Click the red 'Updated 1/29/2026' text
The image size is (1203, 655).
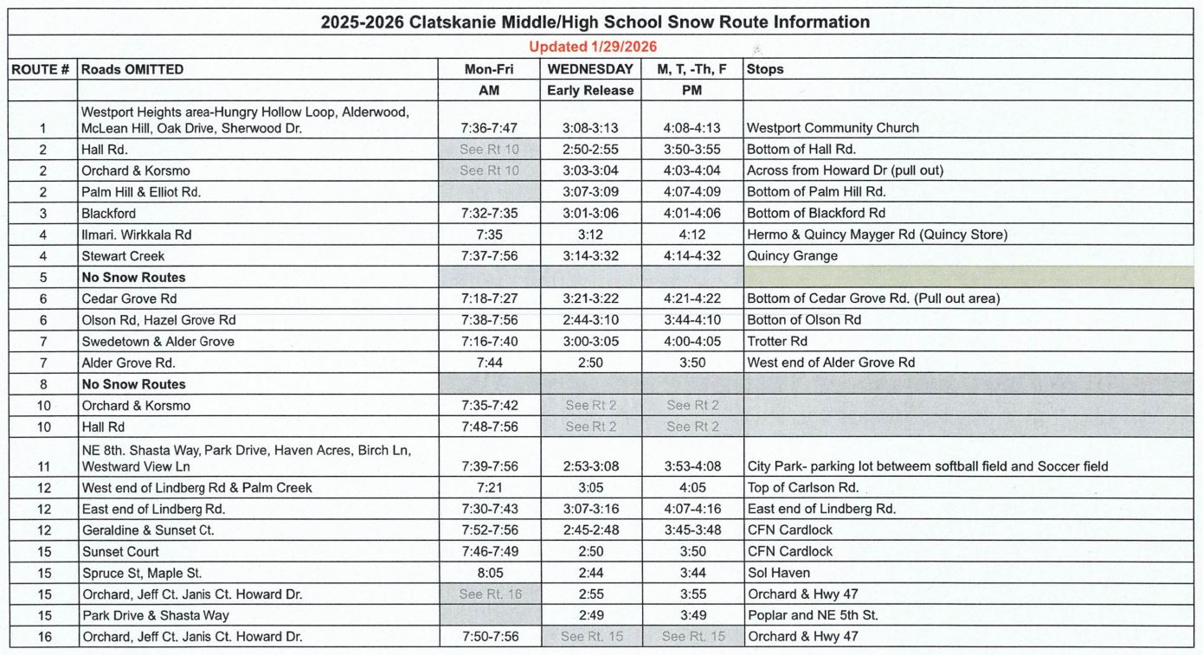tap(593, 47)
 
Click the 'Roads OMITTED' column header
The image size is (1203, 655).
tap(132, 69)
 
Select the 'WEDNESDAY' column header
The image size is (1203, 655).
tap(590, 69)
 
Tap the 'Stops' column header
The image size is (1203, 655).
tap(765, 69)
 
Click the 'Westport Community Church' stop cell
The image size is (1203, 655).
tap(833, 128)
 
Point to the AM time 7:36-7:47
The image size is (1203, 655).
tap(489, 128)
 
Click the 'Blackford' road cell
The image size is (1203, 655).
tap(109, 213)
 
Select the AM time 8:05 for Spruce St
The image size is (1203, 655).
tap(489, 573)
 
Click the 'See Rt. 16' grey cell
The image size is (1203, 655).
tap(489, 594)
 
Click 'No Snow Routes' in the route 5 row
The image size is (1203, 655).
tap(133, 278)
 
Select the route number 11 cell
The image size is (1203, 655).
tap(42, 466)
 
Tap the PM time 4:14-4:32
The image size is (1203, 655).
tap(692, 256)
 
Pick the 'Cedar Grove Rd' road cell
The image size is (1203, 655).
tap(129, 299)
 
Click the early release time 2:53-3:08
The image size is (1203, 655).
tap(590, 466)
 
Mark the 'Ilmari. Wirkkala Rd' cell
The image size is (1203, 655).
tap(137, 234)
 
